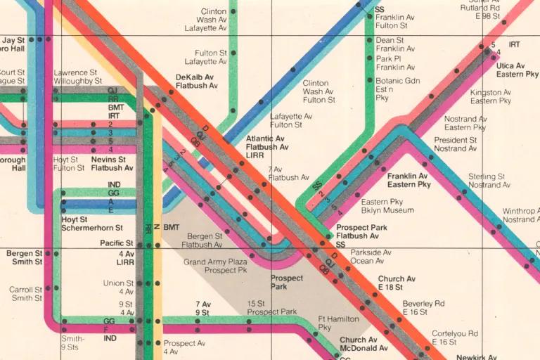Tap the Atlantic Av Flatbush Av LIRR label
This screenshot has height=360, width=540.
(266, 147)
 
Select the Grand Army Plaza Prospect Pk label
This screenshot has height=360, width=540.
(215, 266)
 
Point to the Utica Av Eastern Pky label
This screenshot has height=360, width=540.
(517, 69)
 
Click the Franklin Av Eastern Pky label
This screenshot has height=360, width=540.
(408, 180)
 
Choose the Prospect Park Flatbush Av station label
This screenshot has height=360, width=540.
(361, 232)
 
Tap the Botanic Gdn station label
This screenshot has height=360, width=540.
(398, 89)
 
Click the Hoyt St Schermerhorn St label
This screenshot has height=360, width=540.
(92, 224)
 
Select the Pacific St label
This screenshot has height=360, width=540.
(117, 243)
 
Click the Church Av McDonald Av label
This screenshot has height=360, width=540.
(364, 344)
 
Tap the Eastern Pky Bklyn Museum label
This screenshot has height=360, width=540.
(387, 206)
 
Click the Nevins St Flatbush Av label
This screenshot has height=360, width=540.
(112, 164)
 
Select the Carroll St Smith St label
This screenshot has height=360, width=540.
(25, 293)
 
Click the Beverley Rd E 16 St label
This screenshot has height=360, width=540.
(423, 307)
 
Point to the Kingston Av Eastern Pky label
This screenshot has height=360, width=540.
(491, 96)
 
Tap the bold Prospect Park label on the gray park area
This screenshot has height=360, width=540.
(288, 282)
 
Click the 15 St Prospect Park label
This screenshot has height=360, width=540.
(271, 307)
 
